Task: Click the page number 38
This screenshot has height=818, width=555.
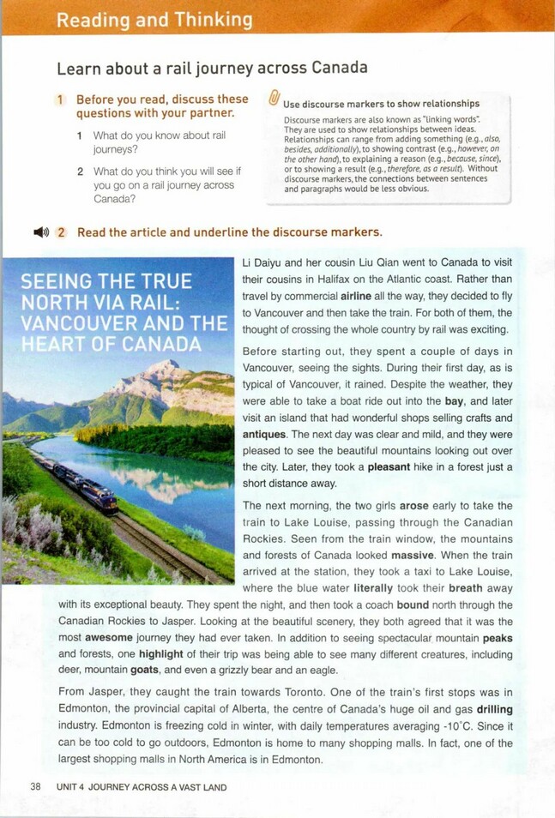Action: pos(35,786)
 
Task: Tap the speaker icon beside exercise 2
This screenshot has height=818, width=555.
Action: pos(40,232)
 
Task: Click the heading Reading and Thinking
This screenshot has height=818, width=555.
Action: pos(154,20)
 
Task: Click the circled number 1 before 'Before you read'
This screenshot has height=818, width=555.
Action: pos(61,100)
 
